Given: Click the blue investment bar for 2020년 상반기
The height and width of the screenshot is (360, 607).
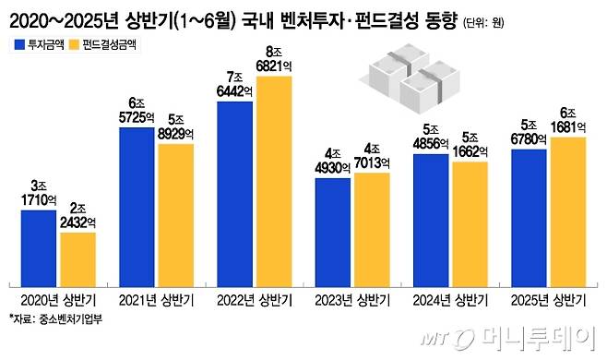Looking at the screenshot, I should [x=39, y=247].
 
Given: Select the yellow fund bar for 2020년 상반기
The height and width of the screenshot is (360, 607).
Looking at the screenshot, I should [x=77, y=258].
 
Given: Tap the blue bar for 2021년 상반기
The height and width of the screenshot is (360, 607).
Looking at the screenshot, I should [x=137, y=206].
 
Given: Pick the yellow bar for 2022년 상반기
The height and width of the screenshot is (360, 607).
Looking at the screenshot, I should [x=274, y=180].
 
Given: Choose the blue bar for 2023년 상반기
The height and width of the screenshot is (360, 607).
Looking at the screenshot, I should [x=333, y=231].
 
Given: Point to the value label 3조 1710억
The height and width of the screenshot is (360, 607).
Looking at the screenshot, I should [x=39, y=192].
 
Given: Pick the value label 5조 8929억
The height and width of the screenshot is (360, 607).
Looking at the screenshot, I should [x=175, y=126].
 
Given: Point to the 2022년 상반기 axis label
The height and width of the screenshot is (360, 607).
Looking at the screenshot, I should [x=255, y=300].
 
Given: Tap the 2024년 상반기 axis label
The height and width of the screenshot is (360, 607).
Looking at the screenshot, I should [x=451, y=300].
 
